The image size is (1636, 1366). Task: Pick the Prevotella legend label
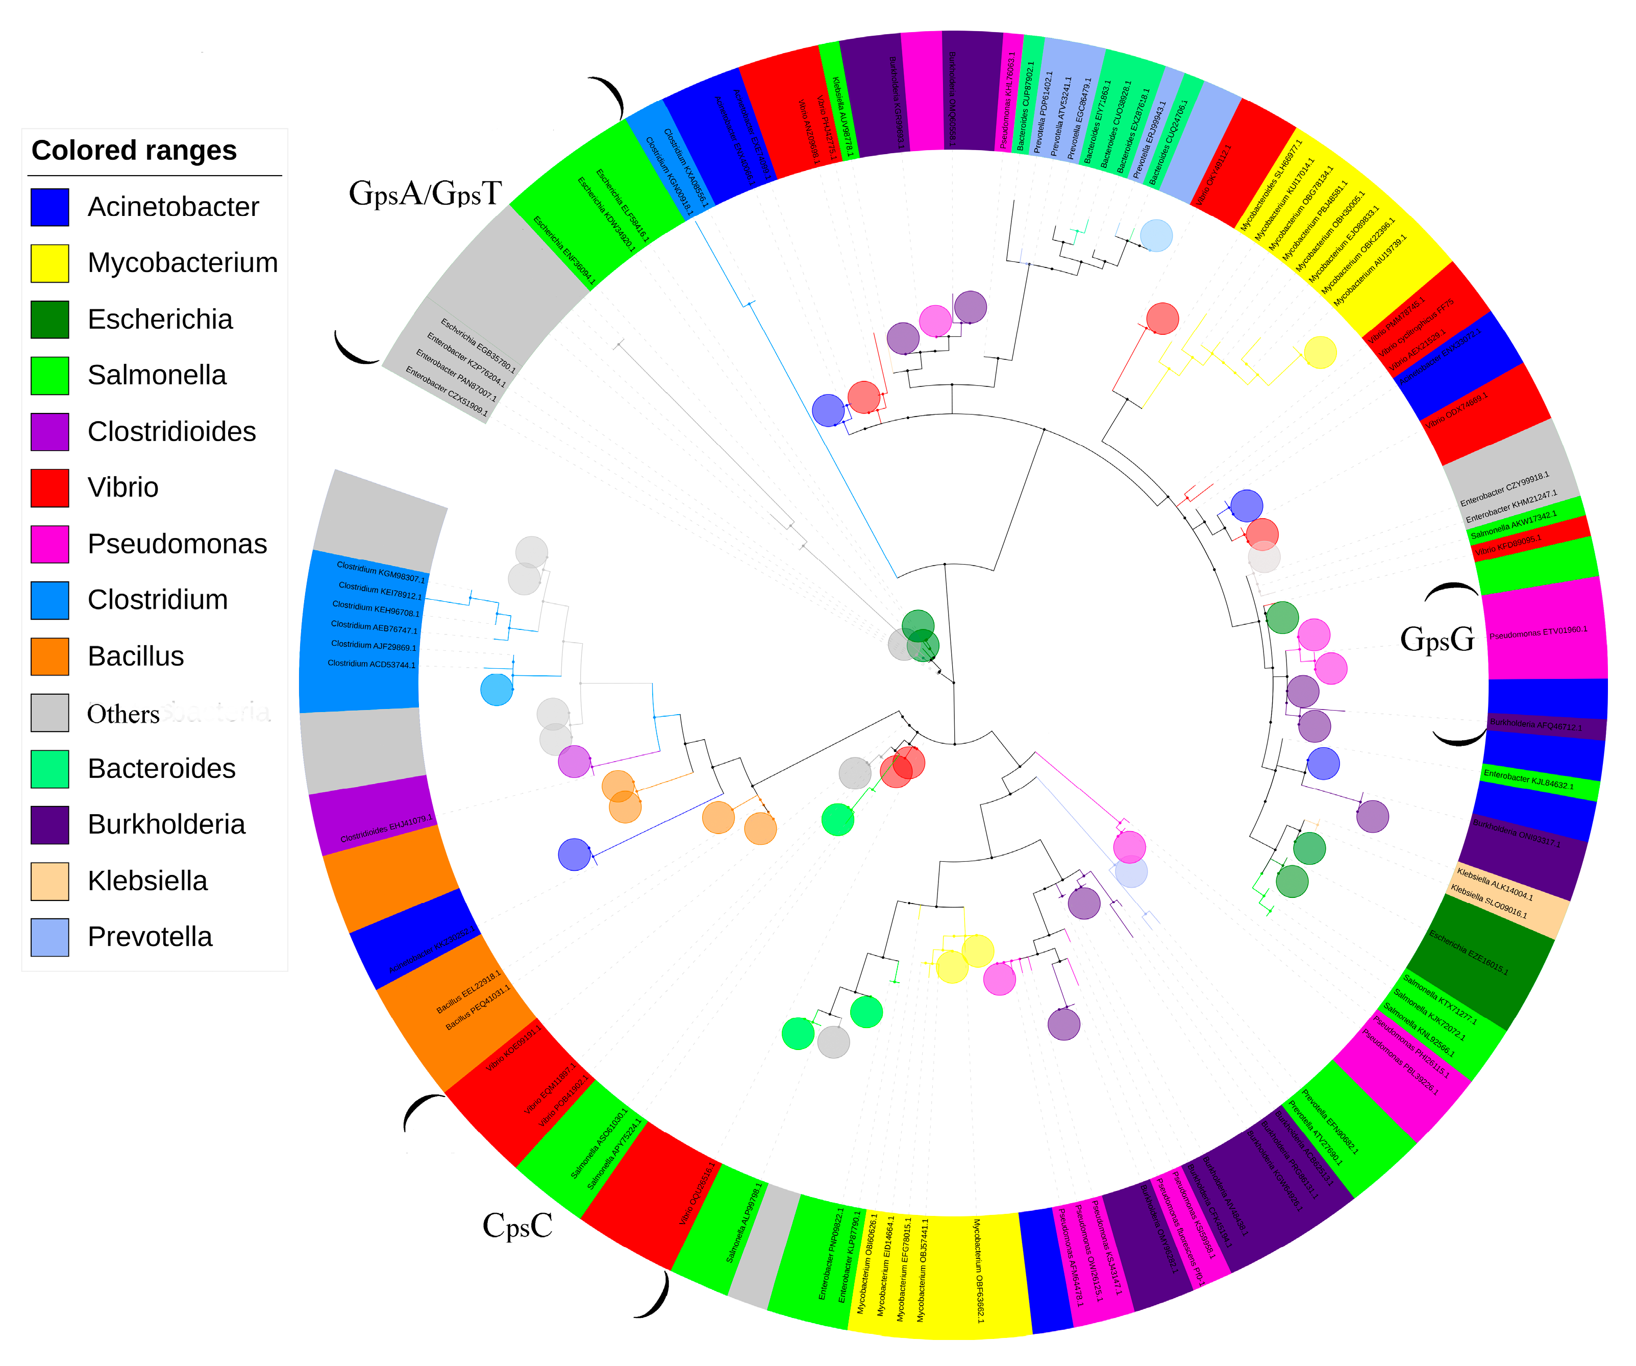coord(150,937)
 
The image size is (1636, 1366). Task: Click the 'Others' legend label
coord(123,714)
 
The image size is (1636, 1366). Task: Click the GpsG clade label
coord(1437,639)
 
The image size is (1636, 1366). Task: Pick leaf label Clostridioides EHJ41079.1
coord(386,829)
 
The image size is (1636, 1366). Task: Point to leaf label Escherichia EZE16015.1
coord(1469,952)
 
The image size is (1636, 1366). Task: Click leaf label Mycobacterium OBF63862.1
coord(978,1270)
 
